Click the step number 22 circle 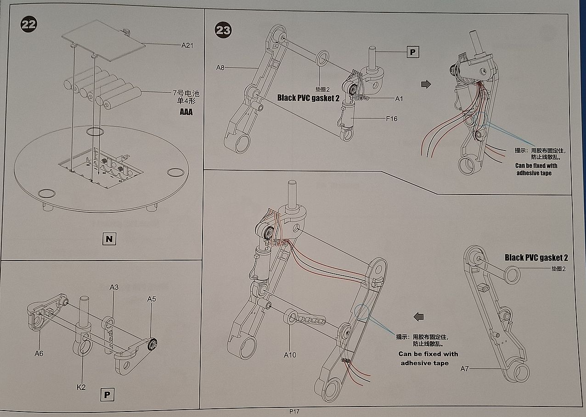point(28,24)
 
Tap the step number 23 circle point(223,31)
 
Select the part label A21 point(187,45)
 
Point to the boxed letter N point(108,239)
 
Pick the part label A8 point(220,68)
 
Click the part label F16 point(391,119)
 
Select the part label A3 point(114,287)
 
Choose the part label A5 point(152,299)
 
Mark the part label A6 point(39,353)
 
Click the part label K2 point(81,387)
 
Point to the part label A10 point(290,355)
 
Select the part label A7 point(464,368)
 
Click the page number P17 point(294,411)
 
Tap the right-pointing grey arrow point(426,84)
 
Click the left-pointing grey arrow point(418,317)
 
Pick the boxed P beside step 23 point(412,52)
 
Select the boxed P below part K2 point(107,394)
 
